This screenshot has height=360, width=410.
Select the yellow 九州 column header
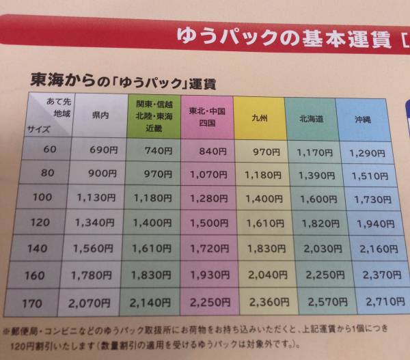pos(259,118)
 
